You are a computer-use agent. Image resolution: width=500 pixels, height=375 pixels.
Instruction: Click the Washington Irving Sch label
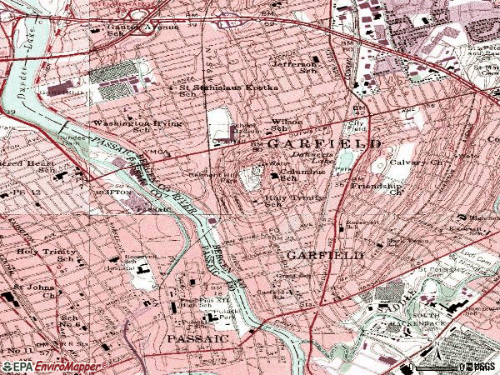[126, 127]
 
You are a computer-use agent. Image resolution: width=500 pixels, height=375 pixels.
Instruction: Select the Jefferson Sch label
[293, 67]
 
